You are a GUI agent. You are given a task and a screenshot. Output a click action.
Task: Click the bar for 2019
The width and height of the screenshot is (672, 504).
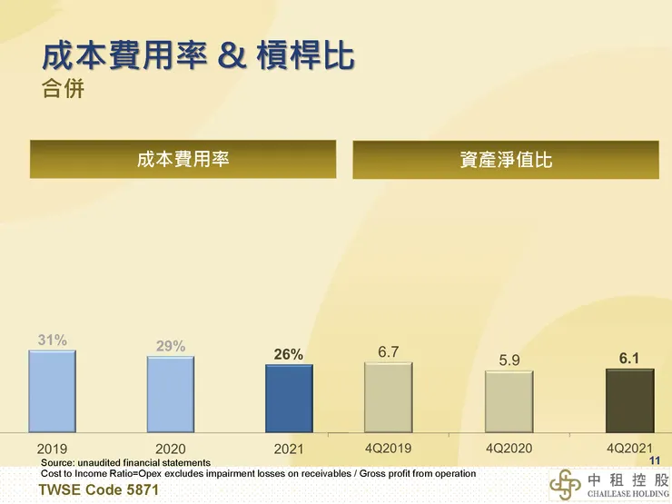[52, 390]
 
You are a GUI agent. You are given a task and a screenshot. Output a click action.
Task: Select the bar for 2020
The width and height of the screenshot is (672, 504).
[171, 393]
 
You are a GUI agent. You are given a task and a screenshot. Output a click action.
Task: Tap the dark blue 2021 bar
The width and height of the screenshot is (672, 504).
[289, 398]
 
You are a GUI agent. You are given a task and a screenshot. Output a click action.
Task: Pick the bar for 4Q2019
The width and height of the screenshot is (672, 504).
[389, 397]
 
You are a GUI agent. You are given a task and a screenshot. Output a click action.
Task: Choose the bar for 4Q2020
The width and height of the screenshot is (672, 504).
[509, 400]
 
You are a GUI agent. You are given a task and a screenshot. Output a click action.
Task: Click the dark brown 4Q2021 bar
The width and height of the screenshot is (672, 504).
[629, 400]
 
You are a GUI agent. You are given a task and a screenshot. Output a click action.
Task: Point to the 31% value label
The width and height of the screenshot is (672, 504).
[52, 340]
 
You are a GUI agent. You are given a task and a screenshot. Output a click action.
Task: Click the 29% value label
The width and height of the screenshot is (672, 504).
[171, 345]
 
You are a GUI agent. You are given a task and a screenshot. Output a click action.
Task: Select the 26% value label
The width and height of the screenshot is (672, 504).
[289, 354]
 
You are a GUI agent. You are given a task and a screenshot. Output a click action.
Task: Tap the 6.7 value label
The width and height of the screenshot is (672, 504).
[389, 351]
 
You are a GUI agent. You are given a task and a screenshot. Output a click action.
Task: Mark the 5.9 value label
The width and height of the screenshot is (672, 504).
[509, 361]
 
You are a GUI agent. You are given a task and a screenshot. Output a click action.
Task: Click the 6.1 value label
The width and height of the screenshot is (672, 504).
[629, 359]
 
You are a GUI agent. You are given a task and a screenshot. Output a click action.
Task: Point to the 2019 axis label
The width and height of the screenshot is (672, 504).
[52, 449]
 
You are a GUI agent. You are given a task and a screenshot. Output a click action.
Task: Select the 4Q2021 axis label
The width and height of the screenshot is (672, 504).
[629, 448]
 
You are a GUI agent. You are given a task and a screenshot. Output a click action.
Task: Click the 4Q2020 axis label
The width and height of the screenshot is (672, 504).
[509, 448]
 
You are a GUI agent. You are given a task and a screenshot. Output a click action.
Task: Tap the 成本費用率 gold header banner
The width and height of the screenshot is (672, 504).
[183, 160]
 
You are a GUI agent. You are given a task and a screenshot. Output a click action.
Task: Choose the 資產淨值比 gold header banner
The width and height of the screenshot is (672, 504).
[506, 160]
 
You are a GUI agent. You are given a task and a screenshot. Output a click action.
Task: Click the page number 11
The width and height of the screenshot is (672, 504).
[655, 461]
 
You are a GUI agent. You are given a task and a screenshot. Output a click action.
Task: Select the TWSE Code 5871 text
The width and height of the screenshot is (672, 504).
[93, 490]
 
